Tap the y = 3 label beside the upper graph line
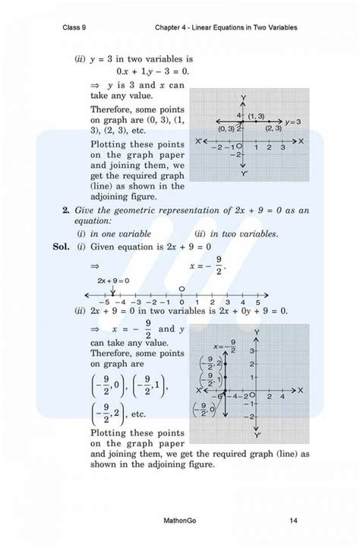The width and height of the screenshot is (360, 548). pos(293,121)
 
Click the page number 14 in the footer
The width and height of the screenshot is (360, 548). pos(292,521)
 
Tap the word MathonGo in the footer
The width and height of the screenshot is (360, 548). pos(180,521)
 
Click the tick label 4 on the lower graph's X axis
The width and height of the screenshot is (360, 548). pos(282,396)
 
